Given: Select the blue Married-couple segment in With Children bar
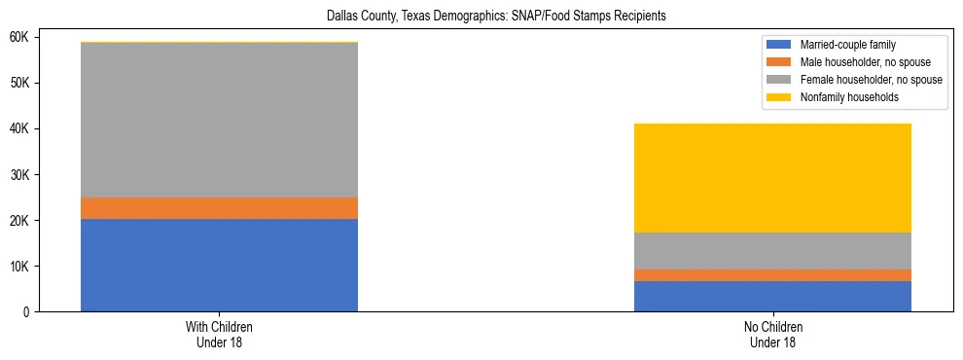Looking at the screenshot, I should (x=219, y=265).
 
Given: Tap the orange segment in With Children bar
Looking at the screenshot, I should (x=219, y=208).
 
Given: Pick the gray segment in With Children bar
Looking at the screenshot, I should (x=219, y=121).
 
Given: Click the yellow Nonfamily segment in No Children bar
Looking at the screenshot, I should (x=772, y=178).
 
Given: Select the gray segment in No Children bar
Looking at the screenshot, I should (x=772, y=251).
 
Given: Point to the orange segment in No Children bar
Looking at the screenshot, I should (x=772, y=275).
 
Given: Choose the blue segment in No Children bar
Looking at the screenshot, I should (x=772, y=296).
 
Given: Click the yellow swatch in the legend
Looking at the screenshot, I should (x=779, y=97).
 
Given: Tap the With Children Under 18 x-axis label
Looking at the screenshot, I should (x=219, y=334).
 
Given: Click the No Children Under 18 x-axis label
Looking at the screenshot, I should (x=772, y=334).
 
